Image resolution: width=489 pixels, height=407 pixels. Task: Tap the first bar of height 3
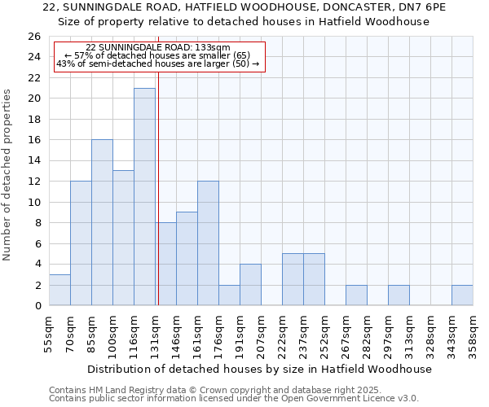tap(59, 290)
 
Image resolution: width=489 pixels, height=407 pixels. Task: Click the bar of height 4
tap(250, 284)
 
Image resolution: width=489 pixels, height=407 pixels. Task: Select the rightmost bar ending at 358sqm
tap(462, 295)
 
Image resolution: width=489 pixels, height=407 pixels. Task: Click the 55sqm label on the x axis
tap(49, 334)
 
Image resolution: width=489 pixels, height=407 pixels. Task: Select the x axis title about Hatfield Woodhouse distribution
tap(261, 369)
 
